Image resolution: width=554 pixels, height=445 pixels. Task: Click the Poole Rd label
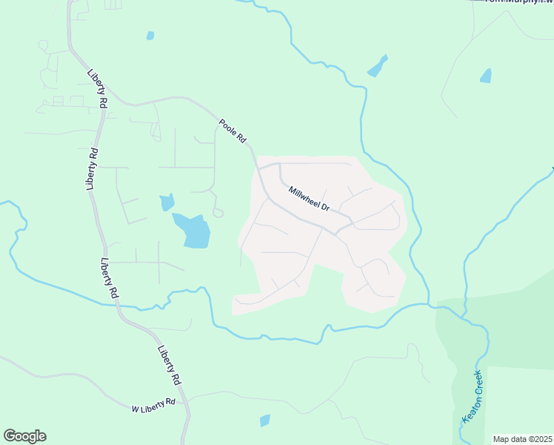click(232, 131)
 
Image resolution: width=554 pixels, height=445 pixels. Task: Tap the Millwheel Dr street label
click(308, 197)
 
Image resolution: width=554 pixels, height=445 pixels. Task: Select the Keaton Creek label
click(471, 396)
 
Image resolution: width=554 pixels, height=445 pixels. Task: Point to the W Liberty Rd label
click(153, 405)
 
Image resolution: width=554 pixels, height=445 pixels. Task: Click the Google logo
click(24, 436)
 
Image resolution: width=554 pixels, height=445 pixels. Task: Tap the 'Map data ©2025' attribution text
click(522, 439)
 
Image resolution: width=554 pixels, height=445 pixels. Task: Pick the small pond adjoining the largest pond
click(167, 202)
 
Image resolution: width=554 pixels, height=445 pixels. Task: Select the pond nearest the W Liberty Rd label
click(264, 421)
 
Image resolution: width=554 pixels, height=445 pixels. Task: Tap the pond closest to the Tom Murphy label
click(485, 75)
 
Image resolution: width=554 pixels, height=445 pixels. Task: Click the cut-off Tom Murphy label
click(518, 2)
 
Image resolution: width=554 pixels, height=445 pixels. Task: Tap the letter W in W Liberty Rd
click(135, 409)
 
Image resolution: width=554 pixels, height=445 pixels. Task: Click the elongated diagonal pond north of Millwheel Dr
click(377, 67)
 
